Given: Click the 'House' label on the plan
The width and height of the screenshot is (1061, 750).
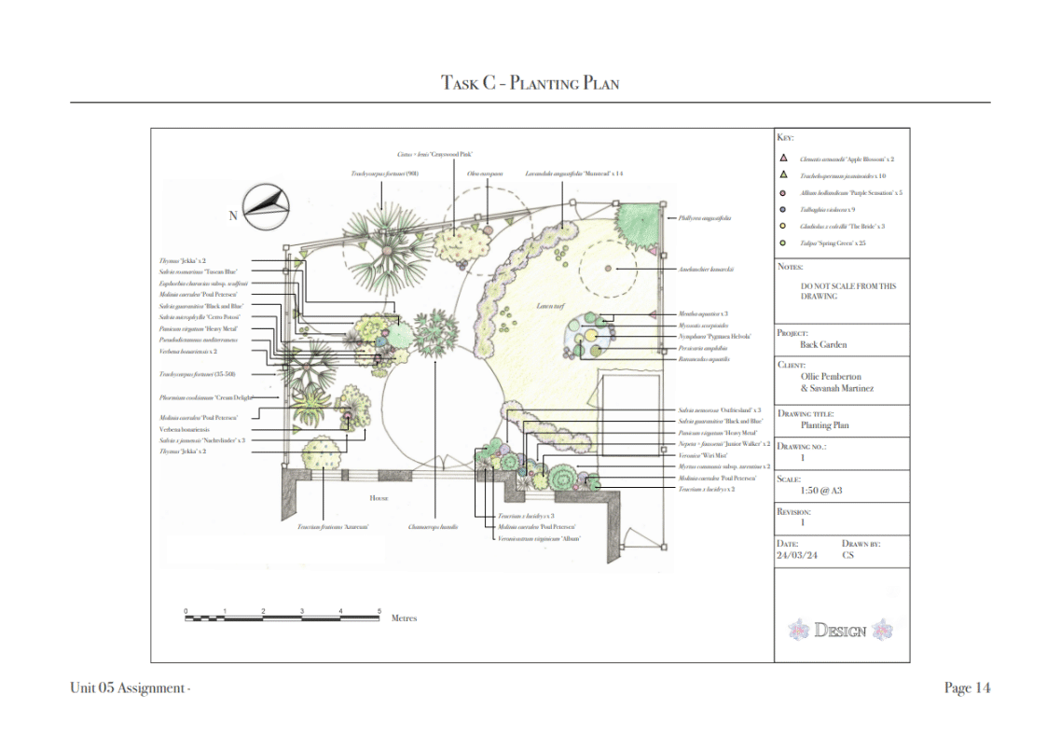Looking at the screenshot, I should [x=378, y=498].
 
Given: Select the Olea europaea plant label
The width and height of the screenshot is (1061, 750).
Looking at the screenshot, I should [x=485, y=174].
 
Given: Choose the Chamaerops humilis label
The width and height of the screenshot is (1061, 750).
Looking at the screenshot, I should [x=433, y=527].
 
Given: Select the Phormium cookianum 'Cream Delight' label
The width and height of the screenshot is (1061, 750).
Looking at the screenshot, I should [x=207, y=396].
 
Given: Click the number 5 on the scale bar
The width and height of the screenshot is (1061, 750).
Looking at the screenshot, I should [x=379, y=611].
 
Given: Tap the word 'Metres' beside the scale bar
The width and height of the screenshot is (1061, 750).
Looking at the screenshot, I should [x=404, y=618].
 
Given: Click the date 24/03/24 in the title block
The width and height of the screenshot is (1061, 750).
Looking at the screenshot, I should [x=796, y=555].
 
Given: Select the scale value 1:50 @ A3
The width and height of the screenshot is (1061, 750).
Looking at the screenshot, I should [x=822, y=490].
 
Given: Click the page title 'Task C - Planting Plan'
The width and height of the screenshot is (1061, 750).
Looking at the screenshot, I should [x=530, y=83].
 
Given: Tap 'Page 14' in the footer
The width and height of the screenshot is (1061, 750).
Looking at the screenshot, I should [x=967, y=688].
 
